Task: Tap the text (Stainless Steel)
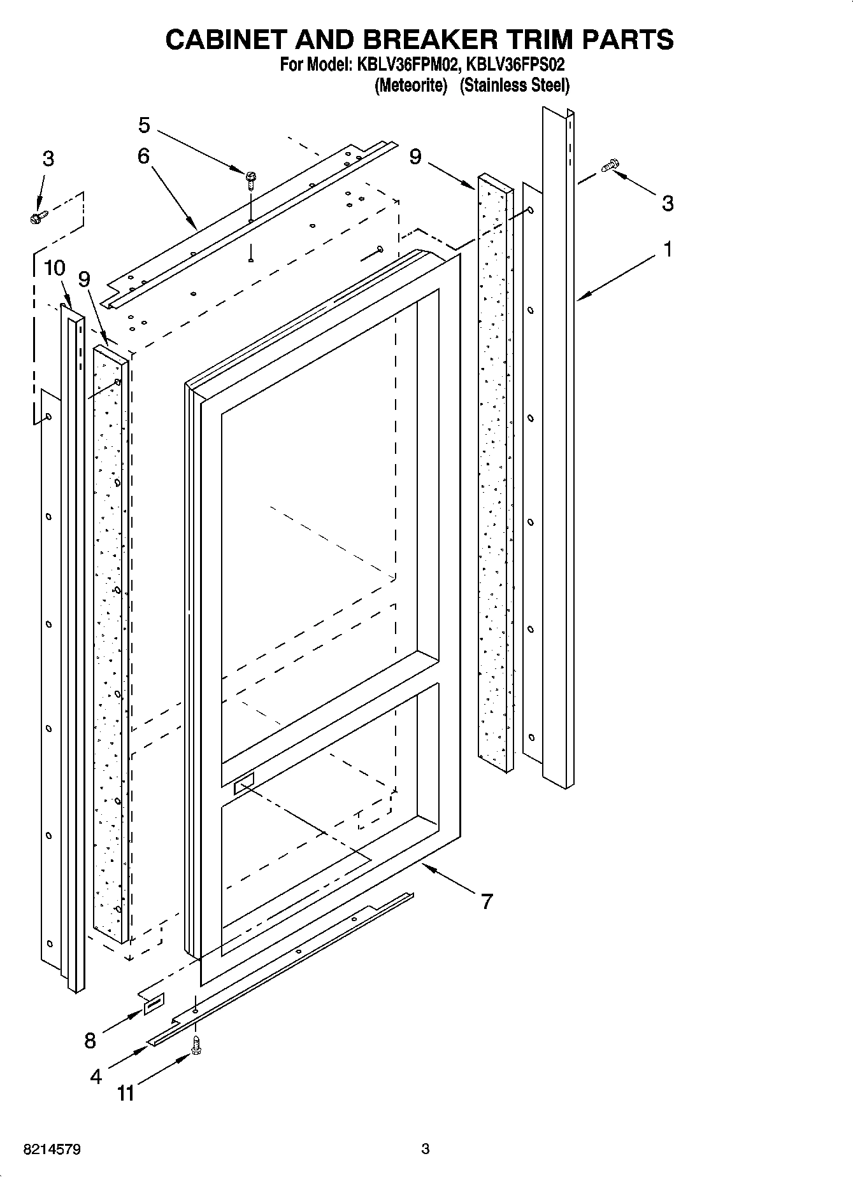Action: (x=514, y=85)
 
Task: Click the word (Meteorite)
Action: (x=411, y=85)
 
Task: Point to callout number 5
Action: (x=145, y=125)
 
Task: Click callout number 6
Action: (x=143, y=155)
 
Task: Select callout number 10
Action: (x=55, y=268)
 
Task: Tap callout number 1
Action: (x=668, y=250)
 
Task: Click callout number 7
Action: (x=487, y=901)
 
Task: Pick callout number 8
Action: (x=90, y=1040)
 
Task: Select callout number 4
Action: (x=96, y=1076)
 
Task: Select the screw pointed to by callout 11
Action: (x=196, y=1045)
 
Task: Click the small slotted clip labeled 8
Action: (x=154, y=1004)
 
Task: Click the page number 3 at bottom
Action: (x=426, y=1149)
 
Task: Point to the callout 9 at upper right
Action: (x=415, y=157)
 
